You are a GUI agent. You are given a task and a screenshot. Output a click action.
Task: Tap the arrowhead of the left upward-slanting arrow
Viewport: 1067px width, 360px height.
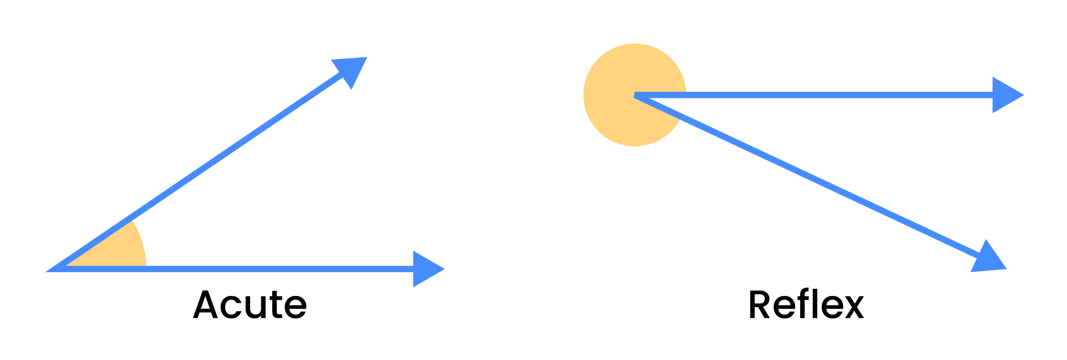tap(352, 70)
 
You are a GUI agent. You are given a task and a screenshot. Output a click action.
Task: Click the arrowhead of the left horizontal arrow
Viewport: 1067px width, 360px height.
tap(427, 269)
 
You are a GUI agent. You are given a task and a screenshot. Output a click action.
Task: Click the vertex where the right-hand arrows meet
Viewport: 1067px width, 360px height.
tap(634, 95)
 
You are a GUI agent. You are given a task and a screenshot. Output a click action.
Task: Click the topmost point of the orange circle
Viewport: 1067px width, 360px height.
tap(634, 44)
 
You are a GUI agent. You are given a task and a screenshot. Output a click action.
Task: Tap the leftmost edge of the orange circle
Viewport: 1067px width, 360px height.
tap(583, 95)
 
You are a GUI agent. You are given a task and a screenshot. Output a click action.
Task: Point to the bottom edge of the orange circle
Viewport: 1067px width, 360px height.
tap(634, 146)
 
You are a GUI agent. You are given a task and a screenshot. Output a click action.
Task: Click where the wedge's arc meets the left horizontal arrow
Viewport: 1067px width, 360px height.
tap(146, 266)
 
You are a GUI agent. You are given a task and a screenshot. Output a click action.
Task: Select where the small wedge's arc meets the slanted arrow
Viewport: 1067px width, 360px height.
tap(132, 220)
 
